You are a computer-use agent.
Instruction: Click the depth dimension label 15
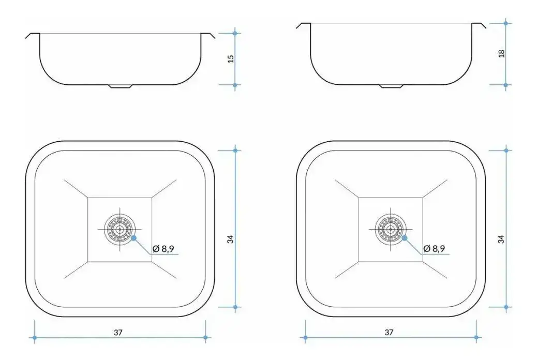[231, 59]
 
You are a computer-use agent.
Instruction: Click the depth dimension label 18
[501, 53]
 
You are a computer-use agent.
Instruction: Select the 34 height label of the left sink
[231, 239]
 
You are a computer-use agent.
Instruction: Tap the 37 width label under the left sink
[118, 332]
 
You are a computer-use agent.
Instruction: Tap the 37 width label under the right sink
[389, 332]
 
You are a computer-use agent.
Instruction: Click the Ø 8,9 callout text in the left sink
[163, 249]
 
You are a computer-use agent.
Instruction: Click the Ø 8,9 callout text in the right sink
[434, 249]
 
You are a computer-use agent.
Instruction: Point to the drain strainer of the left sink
[120, 229]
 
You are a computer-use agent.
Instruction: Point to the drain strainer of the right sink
[391, 229]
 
